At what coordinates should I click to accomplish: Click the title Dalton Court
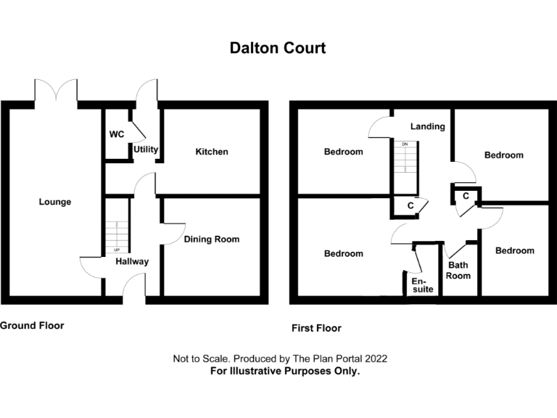(278, 48)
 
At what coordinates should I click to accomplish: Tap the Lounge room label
(55, 202)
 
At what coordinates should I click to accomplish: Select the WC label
(117, 135)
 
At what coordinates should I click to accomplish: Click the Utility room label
(146, 150)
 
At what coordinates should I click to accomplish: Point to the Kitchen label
(212, 152)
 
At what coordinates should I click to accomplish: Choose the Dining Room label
(211, 239)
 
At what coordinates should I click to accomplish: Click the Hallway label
(131, 261)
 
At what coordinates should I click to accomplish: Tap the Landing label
(427, 126)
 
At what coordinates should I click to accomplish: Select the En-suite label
(422, 284)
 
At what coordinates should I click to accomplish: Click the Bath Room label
(458, 270)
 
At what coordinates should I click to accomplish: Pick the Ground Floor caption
(32, 326)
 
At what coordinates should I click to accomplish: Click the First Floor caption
(316, 328)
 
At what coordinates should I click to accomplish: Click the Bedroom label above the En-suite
(343, 253)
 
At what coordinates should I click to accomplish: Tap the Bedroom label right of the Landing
(504, 155)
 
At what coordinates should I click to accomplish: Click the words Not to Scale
(200, 358)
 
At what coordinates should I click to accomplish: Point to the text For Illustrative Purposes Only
(285, 371)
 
